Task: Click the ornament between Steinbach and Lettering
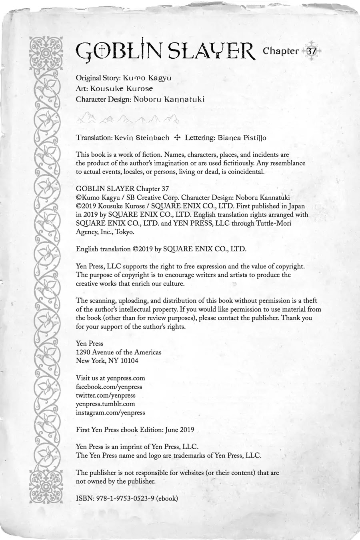click(x=177, y=138)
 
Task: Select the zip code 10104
click(x=128, y=361)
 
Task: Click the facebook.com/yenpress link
click(x=109, y=387)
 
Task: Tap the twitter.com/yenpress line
click(x=106, y=395)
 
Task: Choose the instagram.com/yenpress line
click(x=110, y=412)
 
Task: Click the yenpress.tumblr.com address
click(x=105, y=404)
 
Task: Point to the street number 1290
click(x=83, y=352)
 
